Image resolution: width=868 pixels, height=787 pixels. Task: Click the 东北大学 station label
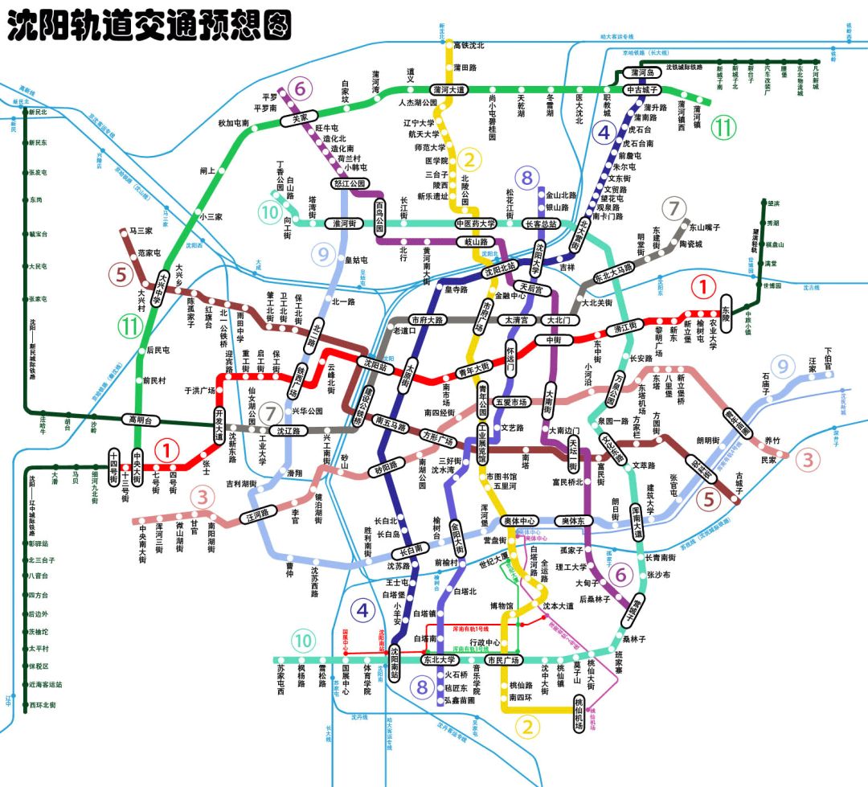tap(444, 660)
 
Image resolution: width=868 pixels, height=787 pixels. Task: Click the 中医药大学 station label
tap(476, 223)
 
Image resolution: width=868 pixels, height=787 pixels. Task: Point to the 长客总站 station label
tap(544, 223)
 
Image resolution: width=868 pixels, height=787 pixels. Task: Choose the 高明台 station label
tap(141, 420)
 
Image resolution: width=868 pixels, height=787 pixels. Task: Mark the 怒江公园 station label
tap(350, 183)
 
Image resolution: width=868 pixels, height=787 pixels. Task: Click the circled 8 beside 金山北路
tap(526, 178)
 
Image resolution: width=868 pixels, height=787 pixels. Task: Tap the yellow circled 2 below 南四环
tap(528, 728)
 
